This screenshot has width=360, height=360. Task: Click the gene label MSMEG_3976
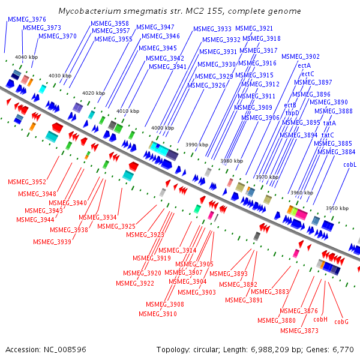tap(27, 19)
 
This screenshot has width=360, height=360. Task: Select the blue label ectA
tap(304, 65)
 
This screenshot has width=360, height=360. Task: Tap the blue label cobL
tap(350, 164)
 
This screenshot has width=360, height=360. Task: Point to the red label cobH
tap(320, 319)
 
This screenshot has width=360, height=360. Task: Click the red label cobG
tap(341, 322)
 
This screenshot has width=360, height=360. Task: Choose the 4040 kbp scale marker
tap(26, 57)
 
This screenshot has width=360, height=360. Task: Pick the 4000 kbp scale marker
tap(163, 128)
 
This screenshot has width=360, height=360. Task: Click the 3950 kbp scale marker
tap(337, 208)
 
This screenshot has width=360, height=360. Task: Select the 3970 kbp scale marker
tap(267, 177)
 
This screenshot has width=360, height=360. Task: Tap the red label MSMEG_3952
tap(27, 182)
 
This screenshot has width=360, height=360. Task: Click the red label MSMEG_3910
tap(158, 314)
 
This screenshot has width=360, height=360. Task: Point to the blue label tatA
tap(329, 123)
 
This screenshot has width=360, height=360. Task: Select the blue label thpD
tap(292, 113)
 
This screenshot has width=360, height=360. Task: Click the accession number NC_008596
tap(65, 350)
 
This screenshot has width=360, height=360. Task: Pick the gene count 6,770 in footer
tap(343, 350)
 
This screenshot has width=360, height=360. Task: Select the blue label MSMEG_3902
tap(301, 56)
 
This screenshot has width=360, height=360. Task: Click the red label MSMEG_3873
tap(299, 331)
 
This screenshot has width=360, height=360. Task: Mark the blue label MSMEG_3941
tap(167, 67)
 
